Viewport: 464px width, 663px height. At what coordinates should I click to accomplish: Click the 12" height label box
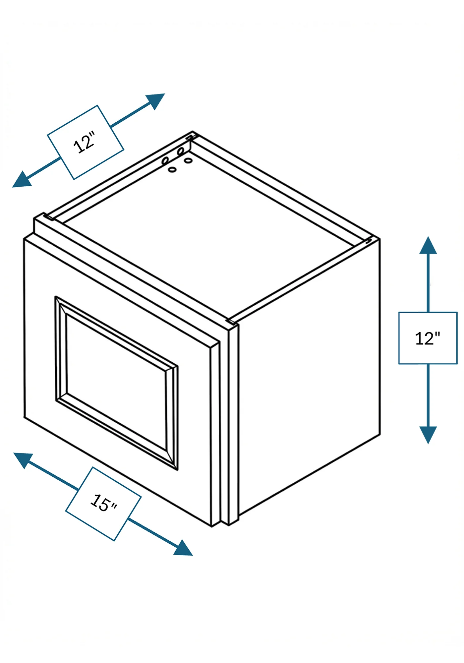coord(428,338)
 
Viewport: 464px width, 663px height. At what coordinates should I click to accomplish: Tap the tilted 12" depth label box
coord(86,143)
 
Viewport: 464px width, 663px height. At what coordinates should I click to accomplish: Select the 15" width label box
coord(103,504)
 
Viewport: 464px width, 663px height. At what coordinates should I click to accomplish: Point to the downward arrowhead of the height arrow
coord(428,435)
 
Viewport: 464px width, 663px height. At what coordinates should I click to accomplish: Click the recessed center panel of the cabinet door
coord(116,381)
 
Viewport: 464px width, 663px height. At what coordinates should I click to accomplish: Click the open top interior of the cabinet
coord(209,232)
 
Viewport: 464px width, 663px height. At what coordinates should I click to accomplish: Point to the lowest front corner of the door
coord(212,526)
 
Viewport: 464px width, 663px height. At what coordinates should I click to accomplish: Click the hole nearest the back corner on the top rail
coord(181,151)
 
